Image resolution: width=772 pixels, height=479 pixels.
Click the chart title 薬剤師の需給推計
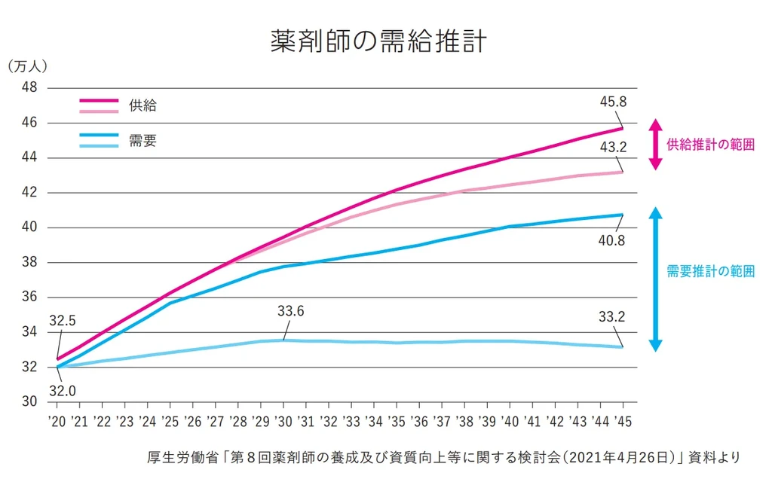pos(378,41)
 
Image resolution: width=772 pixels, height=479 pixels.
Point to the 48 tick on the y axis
pos(29,87)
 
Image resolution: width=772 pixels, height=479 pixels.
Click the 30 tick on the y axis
pos(29,402)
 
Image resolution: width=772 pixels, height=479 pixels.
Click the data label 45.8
pos(612,101)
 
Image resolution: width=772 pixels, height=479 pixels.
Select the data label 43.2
pos(612,148)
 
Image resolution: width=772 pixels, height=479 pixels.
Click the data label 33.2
pos(612,317)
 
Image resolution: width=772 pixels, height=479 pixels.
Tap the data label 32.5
pos(63,322)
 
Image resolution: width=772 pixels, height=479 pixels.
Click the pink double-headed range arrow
pos(655,144)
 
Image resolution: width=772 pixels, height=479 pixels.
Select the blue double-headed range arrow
pos(655,279)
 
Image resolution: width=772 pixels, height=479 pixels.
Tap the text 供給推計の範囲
pos(709,145)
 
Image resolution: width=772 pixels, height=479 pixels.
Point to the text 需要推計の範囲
pos(709,272)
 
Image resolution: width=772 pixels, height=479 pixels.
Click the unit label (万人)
pos(27,66)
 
